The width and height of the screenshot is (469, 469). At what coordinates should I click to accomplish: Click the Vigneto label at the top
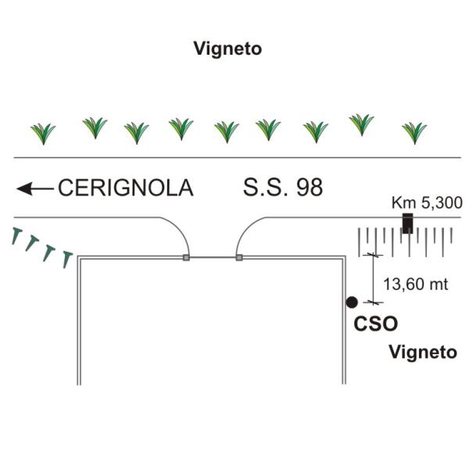(x=227, y=48)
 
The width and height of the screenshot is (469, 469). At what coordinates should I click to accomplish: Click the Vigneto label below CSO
(x=423, y=353)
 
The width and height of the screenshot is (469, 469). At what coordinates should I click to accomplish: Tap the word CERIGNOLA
(x=125, y=188)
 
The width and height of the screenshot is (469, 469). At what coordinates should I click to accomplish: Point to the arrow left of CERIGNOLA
(x=34, y=188)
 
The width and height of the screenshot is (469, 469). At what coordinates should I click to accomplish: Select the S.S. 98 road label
(x=282, y=188)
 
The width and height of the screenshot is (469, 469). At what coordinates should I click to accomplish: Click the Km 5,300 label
(x=422, y=203)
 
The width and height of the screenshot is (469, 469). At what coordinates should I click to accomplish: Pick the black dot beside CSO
(x=352, y=302)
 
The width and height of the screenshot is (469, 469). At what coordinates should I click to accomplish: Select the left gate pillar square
(x=186, y=256)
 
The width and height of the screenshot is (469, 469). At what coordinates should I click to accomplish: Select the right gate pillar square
(x=238, y=256)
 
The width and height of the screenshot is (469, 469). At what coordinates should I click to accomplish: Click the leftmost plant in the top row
(x=43, y=133)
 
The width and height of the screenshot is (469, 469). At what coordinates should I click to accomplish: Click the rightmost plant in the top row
(x=414, y=132)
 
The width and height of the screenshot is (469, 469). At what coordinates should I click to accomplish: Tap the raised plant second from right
(x=360, y=124)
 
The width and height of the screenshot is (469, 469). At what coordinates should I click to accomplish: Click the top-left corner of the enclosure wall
(x=77, y=257)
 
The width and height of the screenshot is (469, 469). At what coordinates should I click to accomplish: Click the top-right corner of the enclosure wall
(x=344, y=257)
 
